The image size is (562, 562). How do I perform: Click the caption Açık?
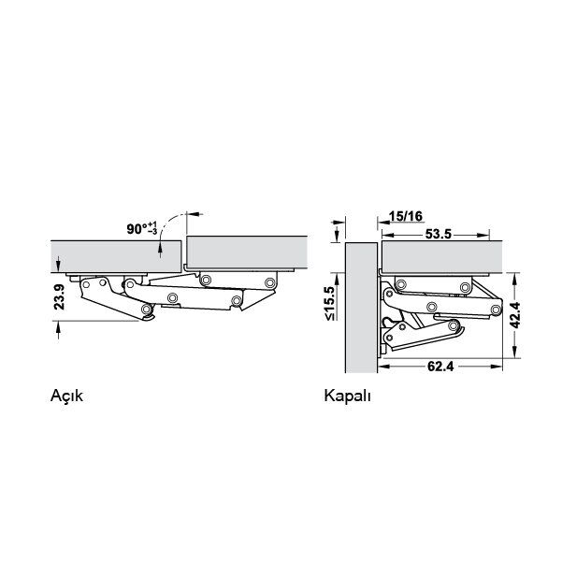click(66, 396)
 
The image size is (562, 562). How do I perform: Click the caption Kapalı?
click(347, 396)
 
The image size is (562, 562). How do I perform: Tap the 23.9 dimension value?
click(59, 297)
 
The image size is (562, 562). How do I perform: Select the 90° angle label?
click(137, 229)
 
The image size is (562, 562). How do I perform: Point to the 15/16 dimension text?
click(406, 216)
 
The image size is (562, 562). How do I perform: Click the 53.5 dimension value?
click(439, 235)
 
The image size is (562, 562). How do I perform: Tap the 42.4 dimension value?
click(515, 315)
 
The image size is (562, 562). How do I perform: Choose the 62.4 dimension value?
click(440, 367)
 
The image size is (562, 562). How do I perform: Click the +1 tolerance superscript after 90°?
click(152, 224)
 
